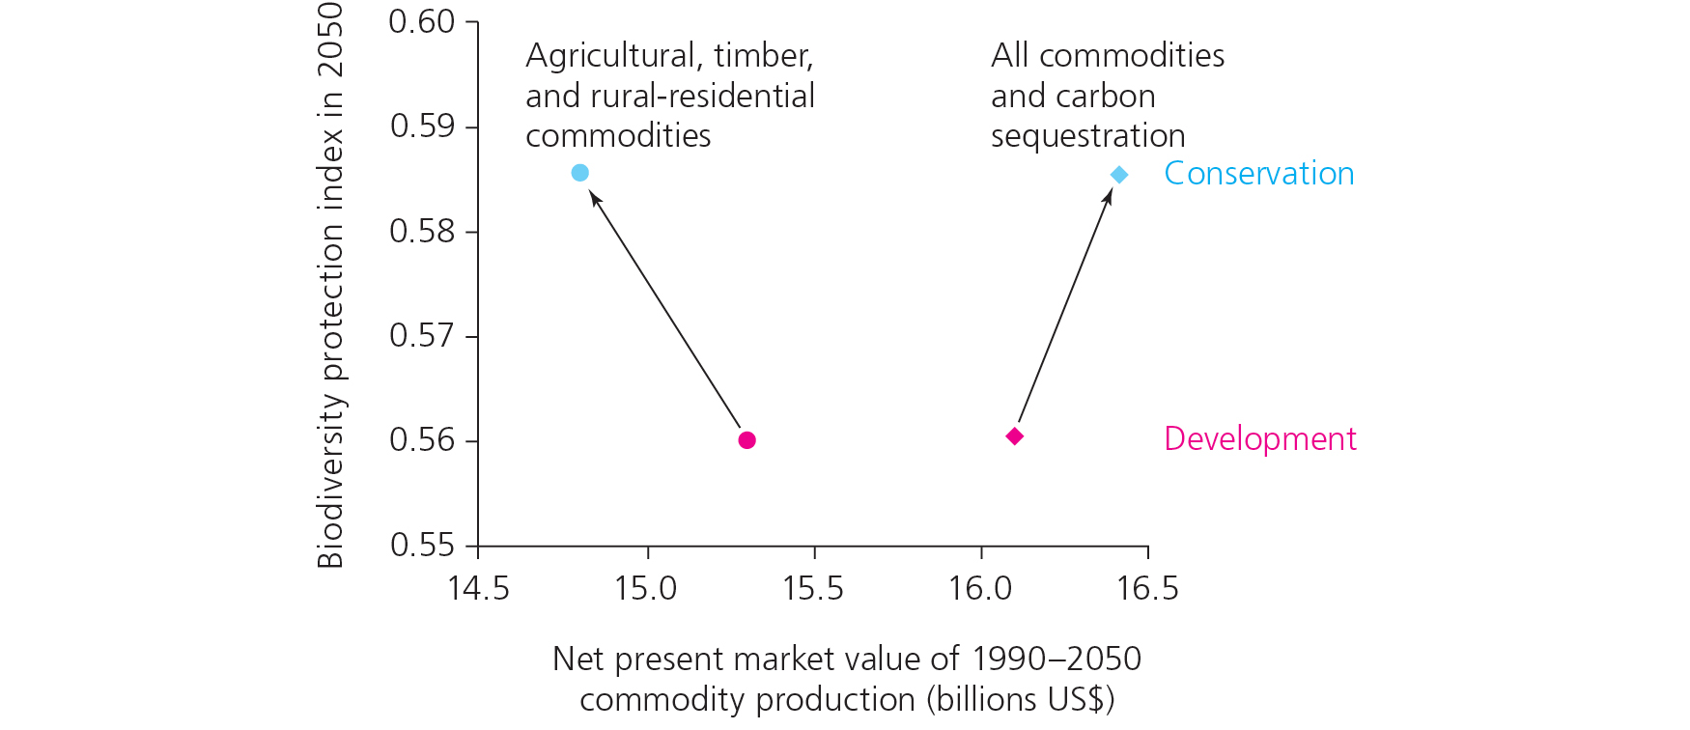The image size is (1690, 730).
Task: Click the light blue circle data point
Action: point(579,173)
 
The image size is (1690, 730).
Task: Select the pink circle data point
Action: point(746,440)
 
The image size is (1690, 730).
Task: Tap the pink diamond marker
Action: point(1014,436)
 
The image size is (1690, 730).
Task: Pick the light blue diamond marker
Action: point(1118,175)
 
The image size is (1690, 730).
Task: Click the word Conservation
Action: point(1258,174)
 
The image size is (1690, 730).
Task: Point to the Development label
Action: point(1259,438)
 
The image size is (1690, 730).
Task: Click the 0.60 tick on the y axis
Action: point(421,21)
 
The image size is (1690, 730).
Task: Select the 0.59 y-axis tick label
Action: point(421,126)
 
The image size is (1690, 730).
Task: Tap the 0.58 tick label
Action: point(421,232)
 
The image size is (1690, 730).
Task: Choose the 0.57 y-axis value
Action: point(421,336)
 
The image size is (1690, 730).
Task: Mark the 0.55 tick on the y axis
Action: point(421,546)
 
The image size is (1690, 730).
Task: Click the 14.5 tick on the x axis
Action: point(478,588)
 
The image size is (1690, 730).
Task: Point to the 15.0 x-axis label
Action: point(646,588)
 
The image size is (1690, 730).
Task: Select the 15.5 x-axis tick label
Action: point(813,588)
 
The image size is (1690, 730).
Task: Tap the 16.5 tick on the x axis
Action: point(1147,588)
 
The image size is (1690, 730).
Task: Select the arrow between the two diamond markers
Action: point(1065,306)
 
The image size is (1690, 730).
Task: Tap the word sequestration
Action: point(1087,136)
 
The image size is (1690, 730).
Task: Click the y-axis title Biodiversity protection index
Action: point(330,285)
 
